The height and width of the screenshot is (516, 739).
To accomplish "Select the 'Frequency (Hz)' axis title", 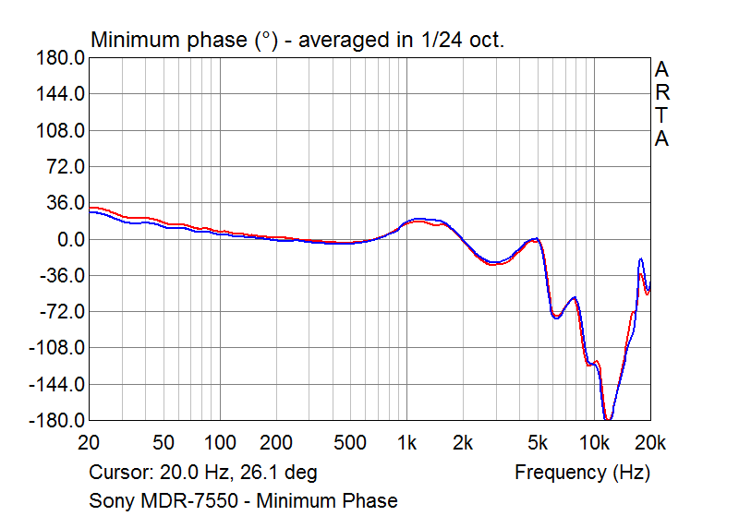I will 582,473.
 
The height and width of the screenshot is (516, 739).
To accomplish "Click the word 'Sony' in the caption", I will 111,501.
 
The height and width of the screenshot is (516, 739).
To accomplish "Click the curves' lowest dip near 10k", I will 608,418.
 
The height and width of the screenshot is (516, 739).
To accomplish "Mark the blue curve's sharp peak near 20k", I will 640,259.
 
